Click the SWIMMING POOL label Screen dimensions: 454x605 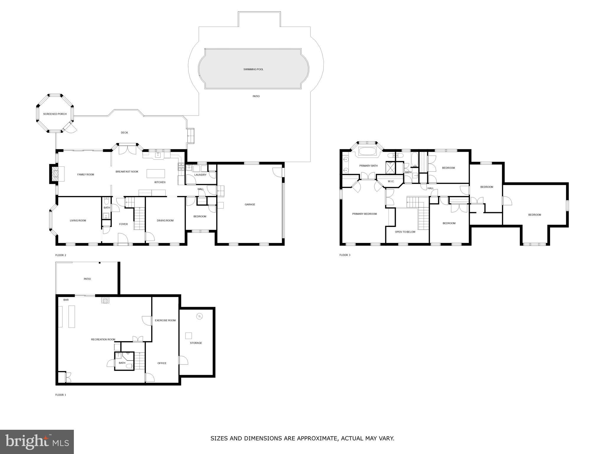[253, 69]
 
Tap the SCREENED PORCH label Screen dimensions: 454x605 [55, 114]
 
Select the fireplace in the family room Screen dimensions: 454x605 [55, 174]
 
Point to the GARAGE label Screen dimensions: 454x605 [250, 205]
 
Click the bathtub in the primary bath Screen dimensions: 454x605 [367, 151]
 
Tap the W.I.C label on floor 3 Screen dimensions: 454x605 [391, 181]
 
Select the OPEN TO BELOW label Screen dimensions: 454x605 [405, 232]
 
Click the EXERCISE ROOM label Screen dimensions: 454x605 [165, 320]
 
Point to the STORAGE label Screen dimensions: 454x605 [196, 343]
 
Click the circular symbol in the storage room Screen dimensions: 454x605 [199, 316]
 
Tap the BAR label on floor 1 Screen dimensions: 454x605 [66, 300]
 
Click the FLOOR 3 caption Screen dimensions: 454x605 [345, 255]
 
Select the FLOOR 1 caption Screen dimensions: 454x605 [61, 395]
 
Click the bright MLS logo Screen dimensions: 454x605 [37, 442]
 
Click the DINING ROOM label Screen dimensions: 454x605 [165, 220]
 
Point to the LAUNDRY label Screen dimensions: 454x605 [200, 175]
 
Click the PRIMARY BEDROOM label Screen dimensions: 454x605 [365, 214]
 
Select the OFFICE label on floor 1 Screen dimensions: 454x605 [162, 363]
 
